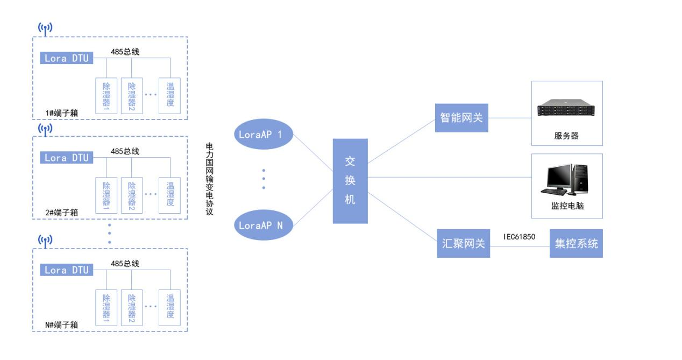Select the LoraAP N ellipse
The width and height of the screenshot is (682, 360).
tap(263, 226)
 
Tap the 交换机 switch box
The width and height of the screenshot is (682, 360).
tap(350, 181)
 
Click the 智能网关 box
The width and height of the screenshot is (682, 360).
tap(461, 118)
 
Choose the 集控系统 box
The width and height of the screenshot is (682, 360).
tap(576, 244)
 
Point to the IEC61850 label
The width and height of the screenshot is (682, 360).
tap(519, 236)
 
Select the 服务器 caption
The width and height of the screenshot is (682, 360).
tap(566, 136)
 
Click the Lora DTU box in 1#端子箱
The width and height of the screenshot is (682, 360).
tap(67, 58)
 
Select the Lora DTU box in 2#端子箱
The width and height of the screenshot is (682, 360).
tap(67, 158)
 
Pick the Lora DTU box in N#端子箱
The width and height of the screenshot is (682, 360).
tap(67, 270)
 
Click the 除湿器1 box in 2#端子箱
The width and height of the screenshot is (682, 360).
tap(106, 194)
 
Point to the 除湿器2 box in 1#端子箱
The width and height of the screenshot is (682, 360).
tap(132, 95)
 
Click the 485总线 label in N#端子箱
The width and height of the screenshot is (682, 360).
tap(125, 263)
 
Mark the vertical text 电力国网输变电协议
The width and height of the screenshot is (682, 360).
tap(210, 179)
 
